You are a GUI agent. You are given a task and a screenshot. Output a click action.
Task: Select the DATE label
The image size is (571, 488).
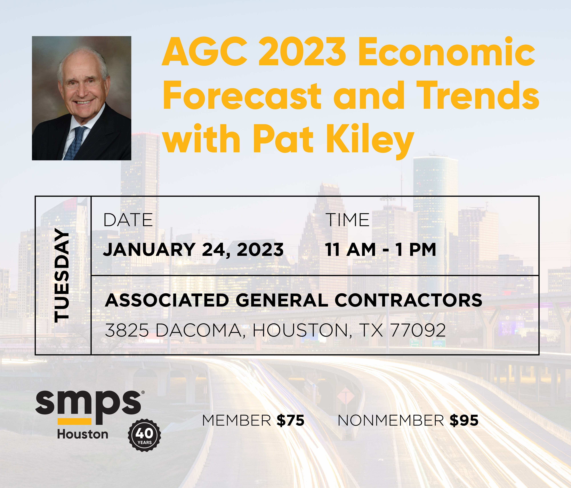click(x=128, y=220)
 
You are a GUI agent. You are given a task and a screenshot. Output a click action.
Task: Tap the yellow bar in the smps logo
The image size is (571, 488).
click(x=74, y=421)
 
